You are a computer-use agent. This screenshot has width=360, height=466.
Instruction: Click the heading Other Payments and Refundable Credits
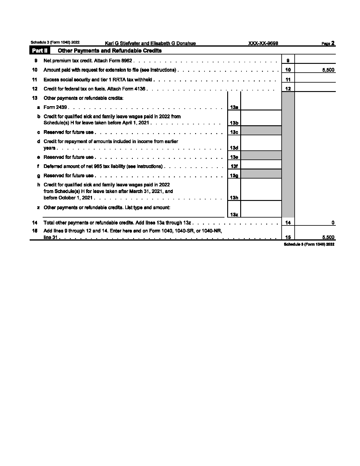110,51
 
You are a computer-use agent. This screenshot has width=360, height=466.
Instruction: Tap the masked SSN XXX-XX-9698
263,43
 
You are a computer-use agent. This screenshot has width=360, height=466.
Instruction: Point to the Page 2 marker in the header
328,43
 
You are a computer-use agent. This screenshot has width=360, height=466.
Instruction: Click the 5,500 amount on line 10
328,70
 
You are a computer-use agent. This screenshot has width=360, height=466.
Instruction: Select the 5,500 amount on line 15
328,238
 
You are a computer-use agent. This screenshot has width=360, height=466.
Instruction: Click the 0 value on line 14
333,223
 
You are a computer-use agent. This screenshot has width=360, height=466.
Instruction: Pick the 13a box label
234,107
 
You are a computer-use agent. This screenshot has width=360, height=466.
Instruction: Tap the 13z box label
234,215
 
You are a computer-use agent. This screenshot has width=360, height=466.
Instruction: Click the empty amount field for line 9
315,61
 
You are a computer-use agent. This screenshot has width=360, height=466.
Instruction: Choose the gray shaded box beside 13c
261,131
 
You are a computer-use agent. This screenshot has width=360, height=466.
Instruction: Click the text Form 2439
55,107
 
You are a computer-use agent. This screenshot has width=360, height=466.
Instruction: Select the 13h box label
234,198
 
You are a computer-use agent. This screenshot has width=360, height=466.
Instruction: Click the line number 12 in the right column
288,89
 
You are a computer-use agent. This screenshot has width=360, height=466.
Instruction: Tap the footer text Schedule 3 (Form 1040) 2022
309,244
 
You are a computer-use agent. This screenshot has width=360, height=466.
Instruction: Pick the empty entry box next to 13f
261,165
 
